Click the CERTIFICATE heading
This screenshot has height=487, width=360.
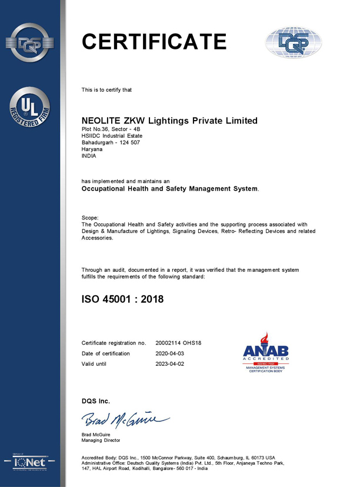154,42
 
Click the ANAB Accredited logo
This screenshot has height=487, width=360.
266,353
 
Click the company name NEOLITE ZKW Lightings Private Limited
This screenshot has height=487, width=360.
169,121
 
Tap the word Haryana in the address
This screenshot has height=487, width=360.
91,149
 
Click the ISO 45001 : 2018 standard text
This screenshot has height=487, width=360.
122,299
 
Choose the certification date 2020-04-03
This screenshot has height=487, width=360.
169,353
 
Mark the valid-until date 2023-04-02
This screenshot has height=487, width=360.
169,364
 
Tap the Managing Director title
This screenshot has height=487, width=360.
101,441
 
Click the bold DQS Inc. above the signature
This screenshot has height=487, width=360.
95,401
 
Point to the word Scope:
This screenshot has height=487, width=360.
91,217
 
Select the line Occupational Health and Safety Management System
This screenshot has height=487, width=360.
169,189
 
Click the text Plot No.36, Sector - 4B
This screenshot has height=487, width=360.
112,128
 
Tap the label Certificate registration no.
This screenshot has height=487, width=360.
114,343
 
